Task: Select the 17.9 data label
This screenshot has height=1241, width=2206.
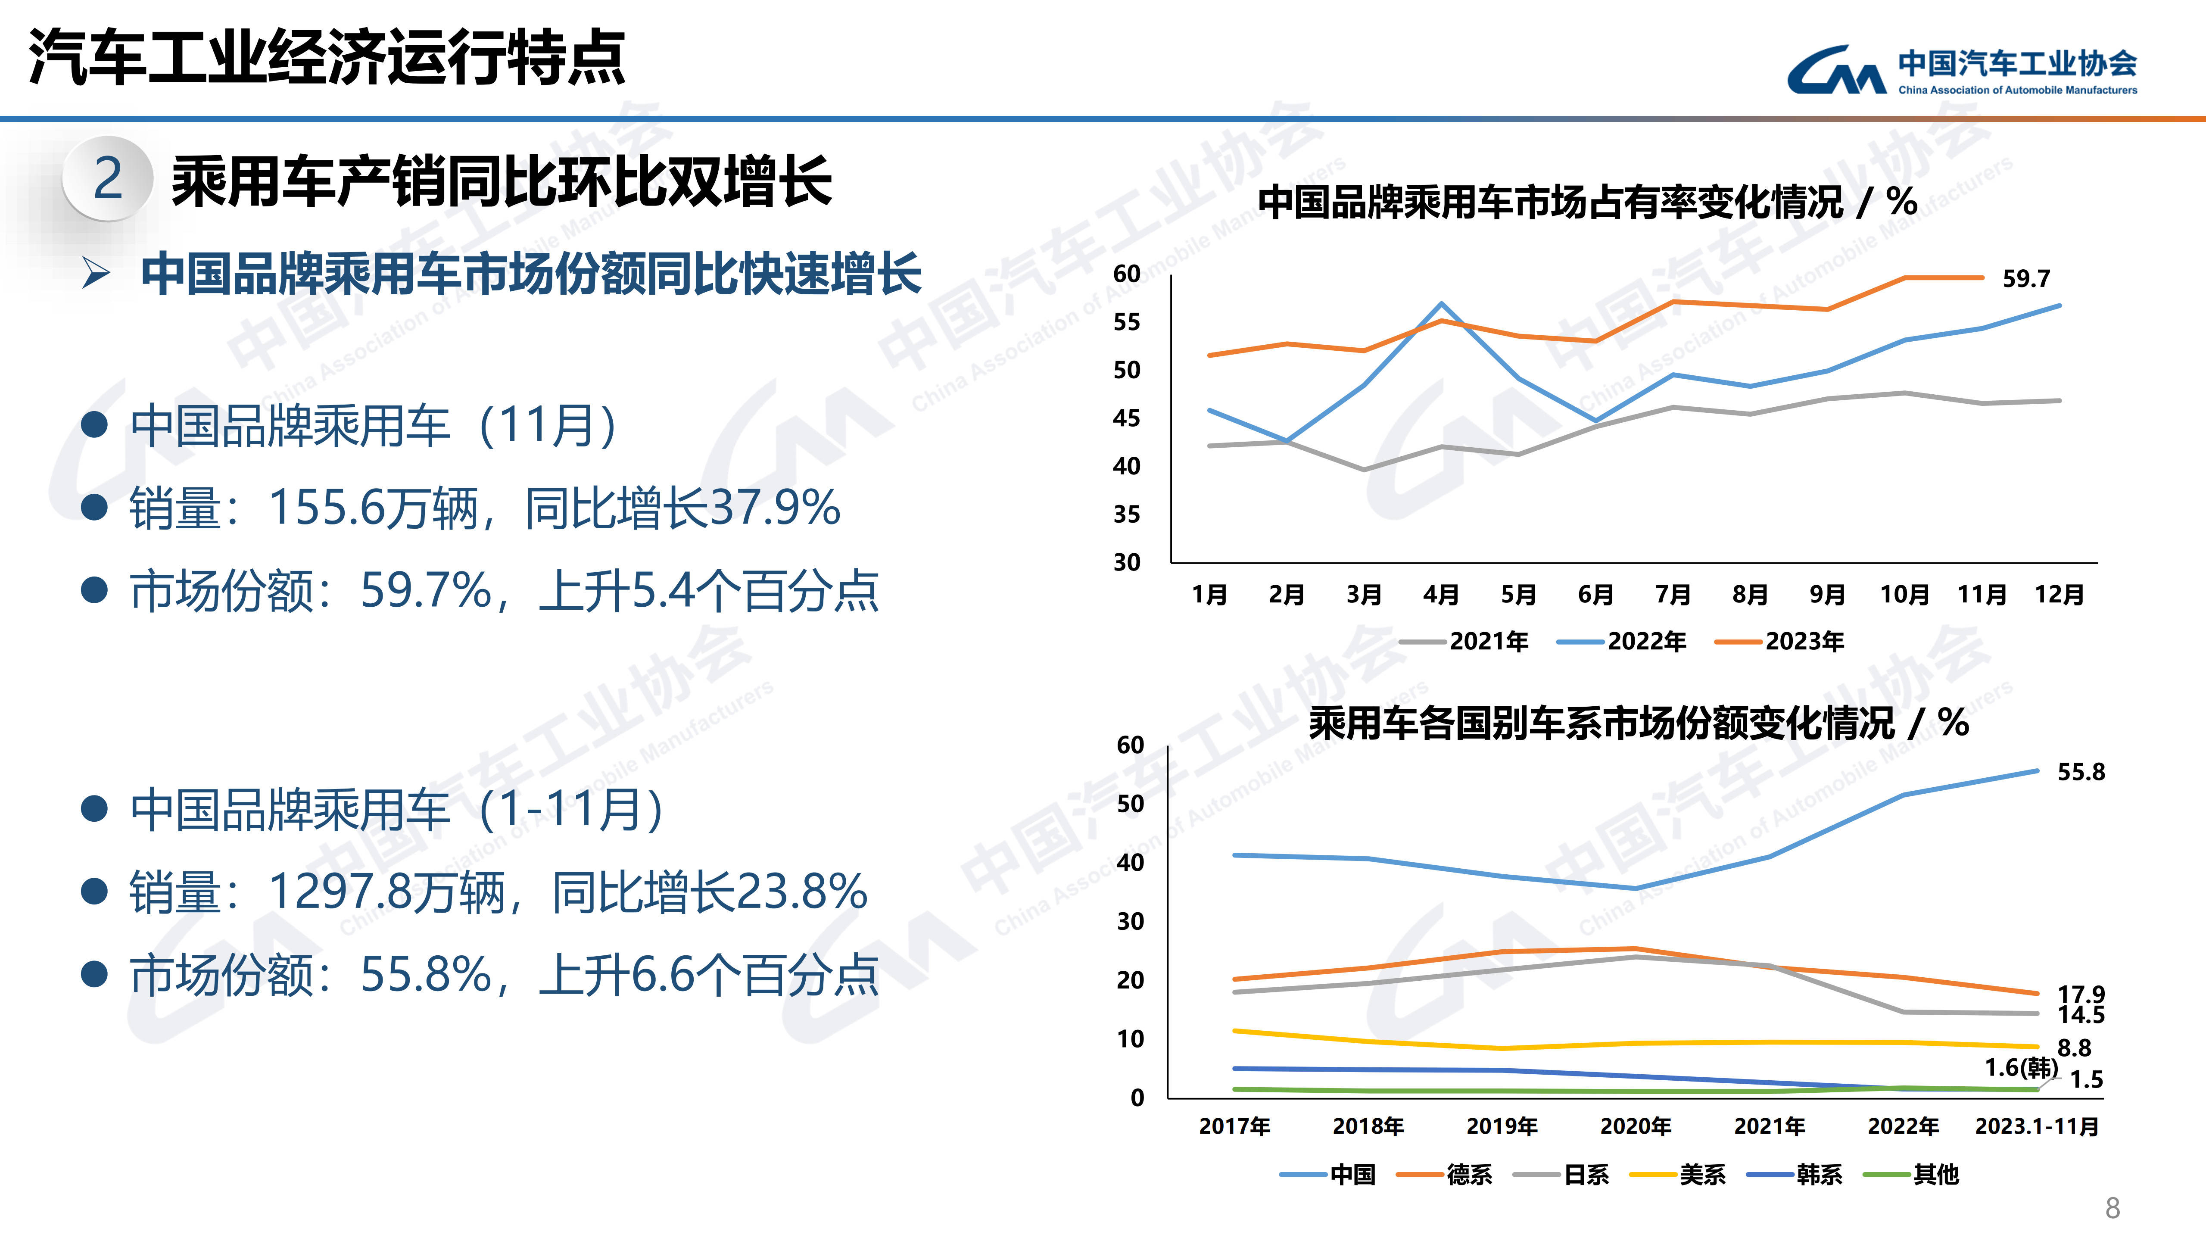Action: coord(2081,994)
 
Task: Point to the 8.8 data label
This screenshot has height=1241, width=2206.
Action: coord(2074,1048)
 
